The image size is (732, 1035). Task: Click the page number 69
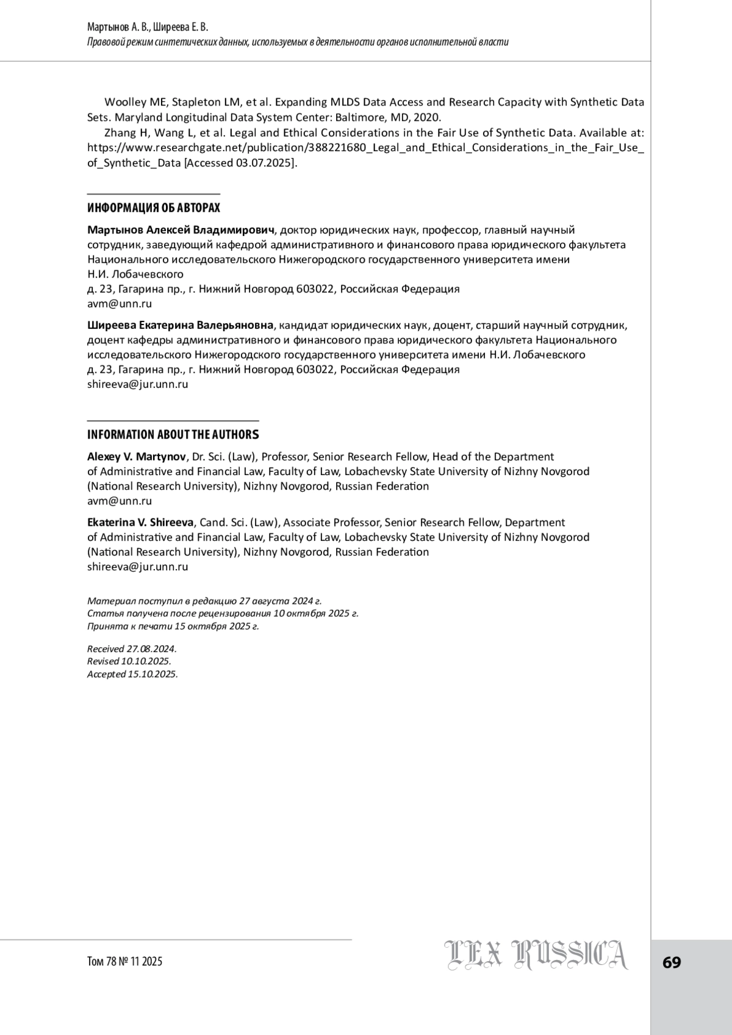click(672, 962)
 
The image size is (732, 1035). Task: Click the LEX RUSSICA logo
click(536, 955)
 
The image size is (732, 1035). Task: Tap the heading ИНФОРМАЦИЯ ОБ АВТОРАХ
click(154, 208)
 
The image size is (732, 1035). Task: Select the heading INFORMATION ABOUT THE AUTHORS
click(173, 434)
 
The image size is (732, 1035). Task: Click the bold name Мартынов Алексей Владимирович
click(181, 230)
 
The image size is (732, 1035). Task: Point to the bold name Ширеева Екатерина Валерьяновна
click(181, 325)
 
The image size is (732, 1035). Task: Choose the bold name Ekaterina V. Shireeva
click(141, 523)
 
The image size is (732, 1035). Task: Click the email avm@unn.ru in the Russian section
click(120, 303)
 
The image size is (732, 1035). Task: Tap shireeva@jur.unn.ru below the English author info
click(137, 567)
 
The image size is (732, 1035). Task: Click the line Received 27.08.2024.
click(132, 649)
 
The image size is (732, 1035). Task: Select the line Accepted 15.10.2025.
click(132, 674)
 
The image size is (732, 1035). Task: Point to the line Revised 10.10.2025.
click(129, 661)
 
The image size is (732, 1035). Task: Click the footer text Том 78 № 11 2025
click(125, 961)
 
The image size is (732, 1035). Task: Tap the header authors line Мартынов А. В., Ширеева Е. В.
click(148, 27)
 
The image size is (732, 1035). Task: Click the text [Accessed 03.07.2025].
click(241, 163)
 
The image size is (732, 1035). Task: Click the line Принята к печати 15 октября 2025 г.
click(173, 626)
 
